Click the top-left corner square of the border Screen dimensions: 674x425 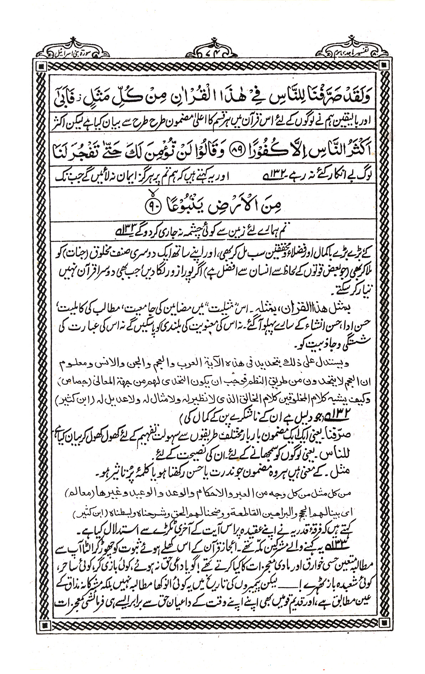tap(42, 65)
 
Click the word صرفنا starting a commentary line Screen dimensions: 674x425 tap(372, 436)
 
